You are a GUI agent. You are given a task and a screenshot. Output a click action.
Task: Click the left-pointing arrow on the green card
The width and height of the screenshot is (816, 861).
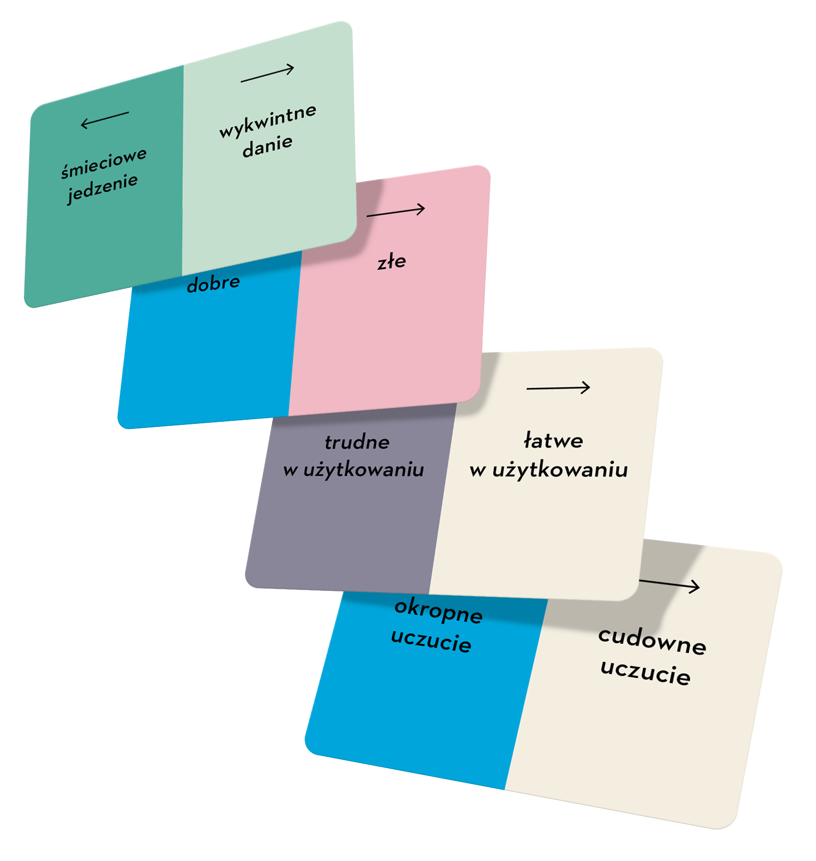[x=104, y=120]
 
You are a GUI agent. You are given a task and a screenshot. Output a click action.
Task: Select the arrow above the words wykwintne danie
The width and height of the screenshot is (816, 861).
[x=268, y=74]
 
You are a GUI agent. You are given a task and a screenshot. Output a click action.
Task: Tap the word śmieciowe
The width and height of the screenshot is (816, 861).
[x=104, y=163]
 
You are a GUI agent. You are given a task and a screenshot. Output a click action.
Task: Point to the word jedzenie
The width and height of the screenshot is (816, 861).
[x=102, y=188]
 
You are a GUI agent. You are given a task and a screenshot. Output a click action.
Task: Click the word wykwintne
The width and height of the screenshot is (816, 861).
[x=268, y=120]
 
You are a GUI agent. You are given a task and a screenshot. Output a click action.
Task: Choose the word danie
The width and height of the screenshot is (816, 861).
[x=268, y=146]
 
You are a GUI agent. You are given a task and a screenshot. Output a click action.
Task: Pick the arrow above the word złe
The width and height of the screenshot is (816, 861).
[x=396, y=211]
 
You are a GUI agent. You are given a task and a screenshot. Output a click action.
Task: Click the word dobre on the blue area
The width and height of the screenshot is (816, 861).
[x=213, y=284]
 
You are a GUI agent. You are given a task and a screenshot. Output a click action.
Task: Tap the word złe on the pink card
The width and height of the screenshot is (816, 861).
[x=391, y=262]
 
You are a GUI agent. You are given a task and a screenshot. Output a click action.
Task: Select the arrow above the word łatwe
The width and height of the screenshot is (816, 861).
[x=558, y=388]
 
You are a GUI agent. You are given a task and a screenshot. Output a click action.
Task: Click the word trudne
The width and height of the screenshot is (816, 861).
[x=357, y=442]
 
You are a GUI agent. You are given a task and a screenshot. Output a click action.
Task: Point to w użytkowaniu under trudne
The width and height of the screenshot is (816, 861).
[x=354, y=470]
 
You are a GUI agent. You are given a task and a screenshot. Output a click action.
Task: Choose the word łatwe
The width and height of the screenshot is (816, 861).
[x=554, y=441]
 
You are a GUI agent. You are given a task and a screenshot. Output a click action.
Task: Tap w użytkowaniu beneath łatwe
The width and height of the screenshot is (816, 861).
[x=549, y=470]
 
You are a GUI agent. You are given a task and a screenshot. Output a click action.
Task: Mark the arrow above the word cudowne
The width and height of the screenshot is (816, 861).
[x=670, y=585]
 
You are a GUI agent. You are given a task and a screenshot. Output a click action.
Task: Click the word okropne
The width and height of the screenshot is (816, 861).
[x=438, y=611]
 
